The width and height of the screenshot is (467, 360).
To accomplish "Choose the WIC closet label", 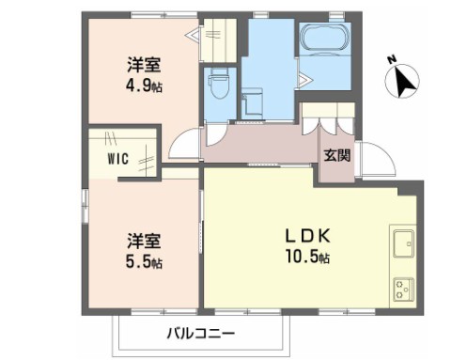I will coord(117,159).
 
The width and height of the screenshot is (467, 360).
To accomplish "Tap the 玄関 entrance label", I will coord(336,155).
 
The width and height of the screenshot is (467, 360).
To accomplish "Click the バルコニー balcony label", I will coord(201,332).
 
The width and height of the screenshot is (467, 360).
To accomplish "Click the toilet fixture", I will coord(220,85).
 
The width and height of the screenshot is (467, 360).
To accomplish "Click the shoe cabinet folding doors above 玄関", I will coord(327,128).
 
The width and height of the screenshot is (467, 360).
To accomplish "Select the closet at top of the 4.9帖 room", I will coord(216,38).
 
